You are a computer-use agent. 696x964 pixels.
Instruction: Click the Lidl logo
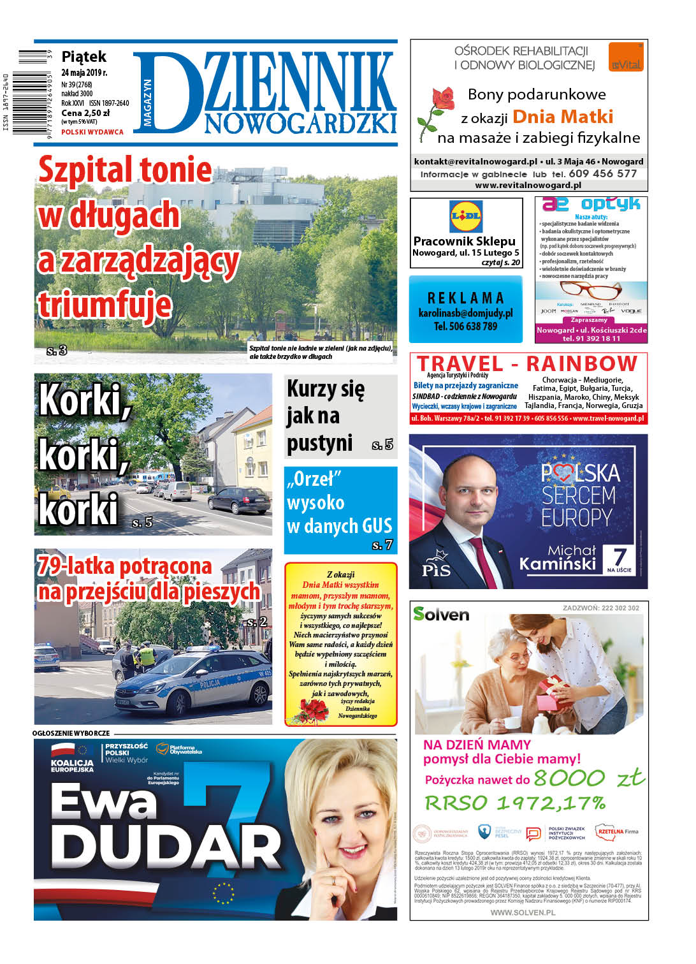pos(466,217)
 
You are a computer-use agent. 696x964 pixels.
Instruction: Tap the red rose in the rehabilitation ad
pos(441,102)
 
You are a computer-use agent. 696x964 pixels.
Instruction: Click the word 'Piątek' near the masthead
pos(83,57)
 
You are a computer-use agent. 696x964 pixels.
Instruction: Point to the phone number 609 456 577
pos(602,173)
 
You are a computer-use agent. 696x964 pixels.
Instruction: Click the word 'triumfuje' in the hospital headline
pos(105,304)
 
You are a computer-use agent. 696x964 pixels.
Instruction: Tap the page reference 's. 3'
pos(57,350)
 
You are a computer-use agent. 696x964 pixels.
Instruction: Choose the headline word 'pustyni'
pos(319,443)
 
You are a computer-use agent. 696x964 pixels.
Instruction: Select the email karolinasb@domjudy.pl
pos(465,313)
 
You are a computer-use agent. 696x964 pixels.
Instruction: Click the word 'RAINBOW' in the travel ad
pos(581,363)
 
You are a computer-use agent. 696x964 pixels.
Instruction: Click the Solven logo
pos(440,614)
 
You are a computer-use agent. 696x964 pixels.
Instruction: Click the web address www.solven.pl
pos(523,912)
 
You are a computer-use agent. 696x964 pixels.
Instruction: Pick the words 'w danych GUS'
pos(339,526)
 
